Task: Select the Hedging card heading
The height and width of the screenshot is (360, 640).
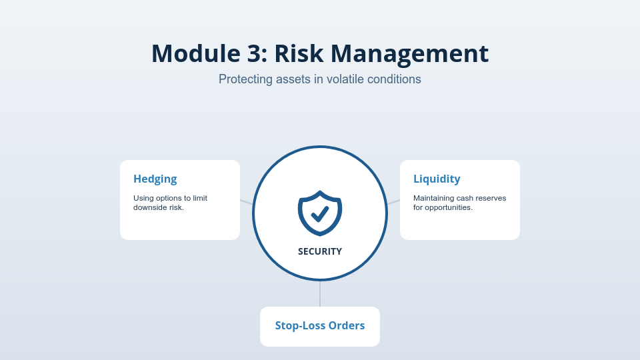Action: click(x=155, y=179)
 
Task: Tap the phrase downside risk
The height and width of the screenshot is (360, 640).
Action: click(x=158, y=207)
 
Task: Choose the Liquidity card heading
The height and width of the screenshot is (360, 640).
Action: click(x=437, y=179)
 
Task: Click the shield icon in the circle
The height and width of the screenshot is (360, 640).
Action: click(x=320, y=213)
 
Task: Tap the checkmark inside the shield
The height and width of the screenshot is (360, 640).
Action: click(x=320, y=213)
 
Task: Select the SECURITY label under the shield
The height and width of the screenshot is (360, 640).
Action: click(x=320, y=251)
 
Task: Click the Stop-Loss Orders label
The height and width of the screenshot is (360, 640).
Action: click(x=320, y=325)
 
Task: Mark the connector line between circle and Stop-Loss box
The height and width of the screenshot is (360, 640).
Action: click(x=320, y=293)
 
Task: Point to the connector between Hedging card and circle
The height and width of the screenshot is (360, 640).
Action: click(x=246, y=202)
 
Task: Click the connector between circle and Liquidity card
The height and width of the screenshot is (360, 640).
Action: click(x=393, y=202)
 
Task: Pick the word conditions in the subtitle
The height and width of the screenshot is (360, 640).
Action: click(x=397, y=79)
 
